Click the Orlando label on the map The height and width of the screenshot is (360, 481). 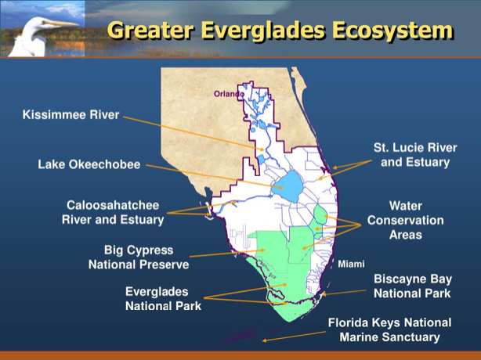tap(229, 94)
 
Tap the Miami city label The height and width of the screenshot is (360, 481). tap(351, 264)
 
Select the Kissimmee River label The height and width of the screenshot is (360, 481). tap(71, 114)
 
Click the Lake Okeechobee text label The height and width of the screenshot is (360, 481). tap(89, 164)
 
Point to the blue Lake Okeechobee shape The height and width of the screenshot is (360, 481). tap(288, 186)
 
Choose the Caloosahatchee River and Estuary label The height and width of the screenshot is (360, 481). tap(113, 212)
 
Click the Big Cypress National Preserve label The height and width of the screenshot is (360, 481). tap(139, 257)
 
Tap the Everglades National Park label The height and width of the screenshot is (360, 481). tap(163, 298)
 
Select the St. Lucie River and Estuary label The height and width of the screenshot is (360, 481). tap(415, 155)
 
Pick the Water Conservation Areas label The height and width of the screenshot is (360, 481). tap(406, 220)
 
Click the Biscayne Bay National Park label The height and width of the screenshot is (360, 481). tap(413, 286)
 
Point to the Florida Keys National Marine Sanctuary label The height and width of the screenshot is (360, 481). tap(389, 329)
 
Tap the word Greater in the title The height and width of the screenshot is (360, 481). tap(151, 31)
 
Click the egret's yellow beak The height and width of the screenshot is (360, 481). tap(62, 23)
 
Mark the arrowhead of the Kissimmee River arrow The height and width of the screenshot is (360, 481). tap(262, 149)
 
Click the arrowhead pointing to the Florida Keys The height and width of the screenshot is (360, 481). tap(264, 340)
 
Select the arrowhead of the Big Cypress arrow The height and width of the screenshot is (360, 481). tap(262, 250)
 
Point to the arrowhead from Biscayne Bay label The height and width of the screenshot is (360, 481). tap(324, 294)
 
